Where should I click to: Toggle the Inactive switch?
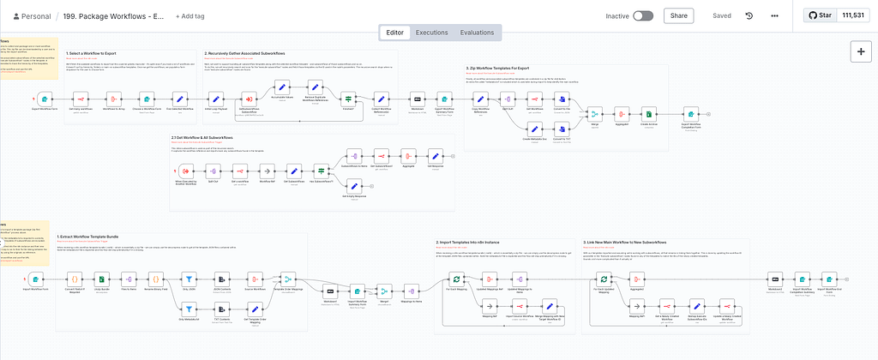643,15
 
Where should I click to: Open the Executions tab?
431,33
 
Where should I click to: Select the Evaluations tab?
476,33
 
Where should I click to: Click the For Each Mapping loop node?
458,279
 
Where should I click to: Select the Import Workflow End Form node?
830,279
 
